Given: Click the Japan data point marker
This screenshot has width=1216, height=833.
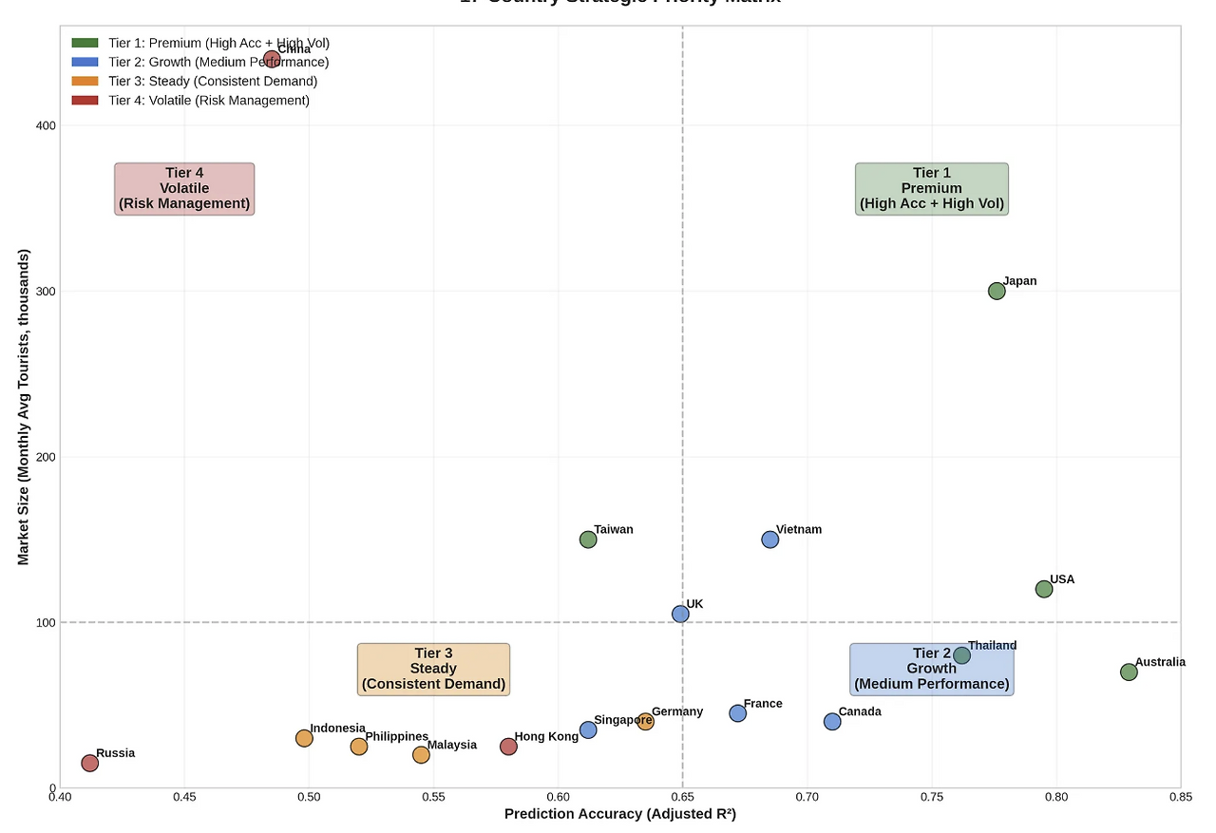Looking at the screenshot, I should click(x=997, y=291).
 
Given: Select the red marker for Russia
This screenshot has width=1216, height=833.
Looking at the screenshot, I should click(x=90, y=763).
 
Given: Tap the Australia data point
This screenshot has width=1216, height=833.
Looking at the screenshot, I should click(x=1129, y=672).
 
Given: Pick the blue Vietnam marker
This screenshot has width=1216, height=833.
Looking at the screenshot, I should click(x=770, y=540).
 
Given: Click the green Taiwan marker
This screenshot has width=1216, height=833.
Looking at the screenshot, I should click(x=588, y=540).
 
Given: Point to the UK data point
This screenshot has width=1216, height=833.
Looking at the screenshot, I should click(x=680, y=614).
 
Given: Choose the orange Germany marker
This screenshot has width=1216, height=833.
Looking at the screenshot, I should click(x=646, y=721).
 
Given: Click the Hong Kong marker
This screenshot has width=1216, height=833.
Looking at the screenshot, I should click(x=508, y=747).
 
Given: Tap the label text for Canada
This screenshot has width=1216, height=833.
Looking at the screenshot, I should click(x=860, y=711).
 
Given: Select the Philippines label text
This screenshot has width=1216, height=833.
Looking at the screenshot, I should click(x=396, y=736).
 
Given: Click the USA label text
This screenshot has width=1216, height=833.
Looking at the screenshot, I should click(x=1062, y=579).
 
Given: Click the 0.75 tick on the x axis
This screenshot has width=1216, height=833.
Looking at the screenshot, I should click(x=932, y=797).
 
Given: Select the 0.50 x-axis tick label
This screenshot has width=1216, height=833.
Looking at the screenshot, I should click(x=309, y=797).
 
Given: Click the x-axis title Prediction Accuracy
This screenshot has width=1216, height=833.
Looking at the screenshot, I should click(x=619, y=814).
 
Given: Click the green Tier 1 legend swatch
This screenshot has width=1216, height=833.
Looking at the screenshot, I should click(x=85, y=43).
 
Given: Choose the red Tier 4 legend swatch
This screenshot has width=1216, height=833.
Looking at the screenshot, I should click(x=85, y=100).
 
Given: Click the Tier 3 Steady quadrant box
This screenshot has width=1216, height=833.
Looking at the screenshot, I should click(x=433, y=669).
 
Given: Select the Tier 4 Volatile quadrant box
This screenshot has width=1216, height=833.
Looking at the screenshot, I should click(x=184, y=188).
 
